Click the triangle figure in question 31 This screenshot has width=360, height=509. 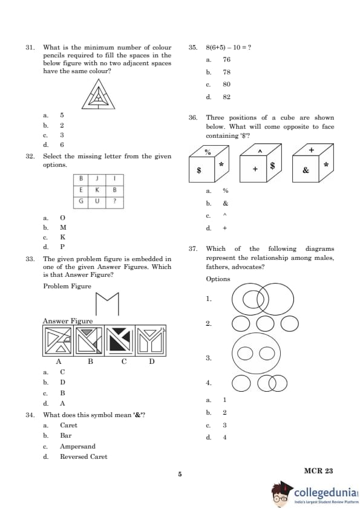(x=98, y=94)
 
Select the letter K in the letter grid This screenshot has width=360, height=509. (x=97, y=190)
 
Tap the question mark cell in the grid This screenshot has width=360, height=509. (x=115, y=201)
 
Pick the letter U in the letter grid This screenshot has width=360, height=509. (x=97, y=201)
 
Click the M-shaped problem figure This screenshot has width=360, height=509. (x=107, y=304)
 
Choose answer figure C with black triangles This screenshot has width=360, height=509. (x=120, y=340)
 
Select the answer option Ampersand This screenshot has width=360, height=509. (x=77, y=446)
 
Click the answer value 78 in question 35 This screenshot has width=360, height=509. (x=226, y=72)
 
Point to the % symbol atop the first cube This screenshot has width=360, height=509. (x=208, y=152)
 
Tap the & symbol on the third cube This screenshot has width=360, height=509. (x=306, y=170)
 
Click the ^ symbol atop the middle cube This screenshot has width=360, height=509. (x=260, y=151)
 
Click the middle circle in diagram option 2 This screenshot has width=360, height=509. (x=265, y=323)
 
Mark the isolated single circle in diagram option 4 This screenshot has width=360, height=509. (x=241, y=383)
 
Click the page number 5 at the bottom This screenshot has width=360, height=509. (x=180, y=474)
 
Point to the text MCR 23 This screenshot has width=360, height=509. (x=318, y=471)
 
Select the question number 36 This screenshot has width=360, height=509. (x=192, y=117)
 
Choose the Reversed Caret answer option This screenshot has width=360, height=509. (x=83, y=456)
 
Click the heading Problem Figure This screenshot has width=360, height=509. (x=67, y=286)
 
